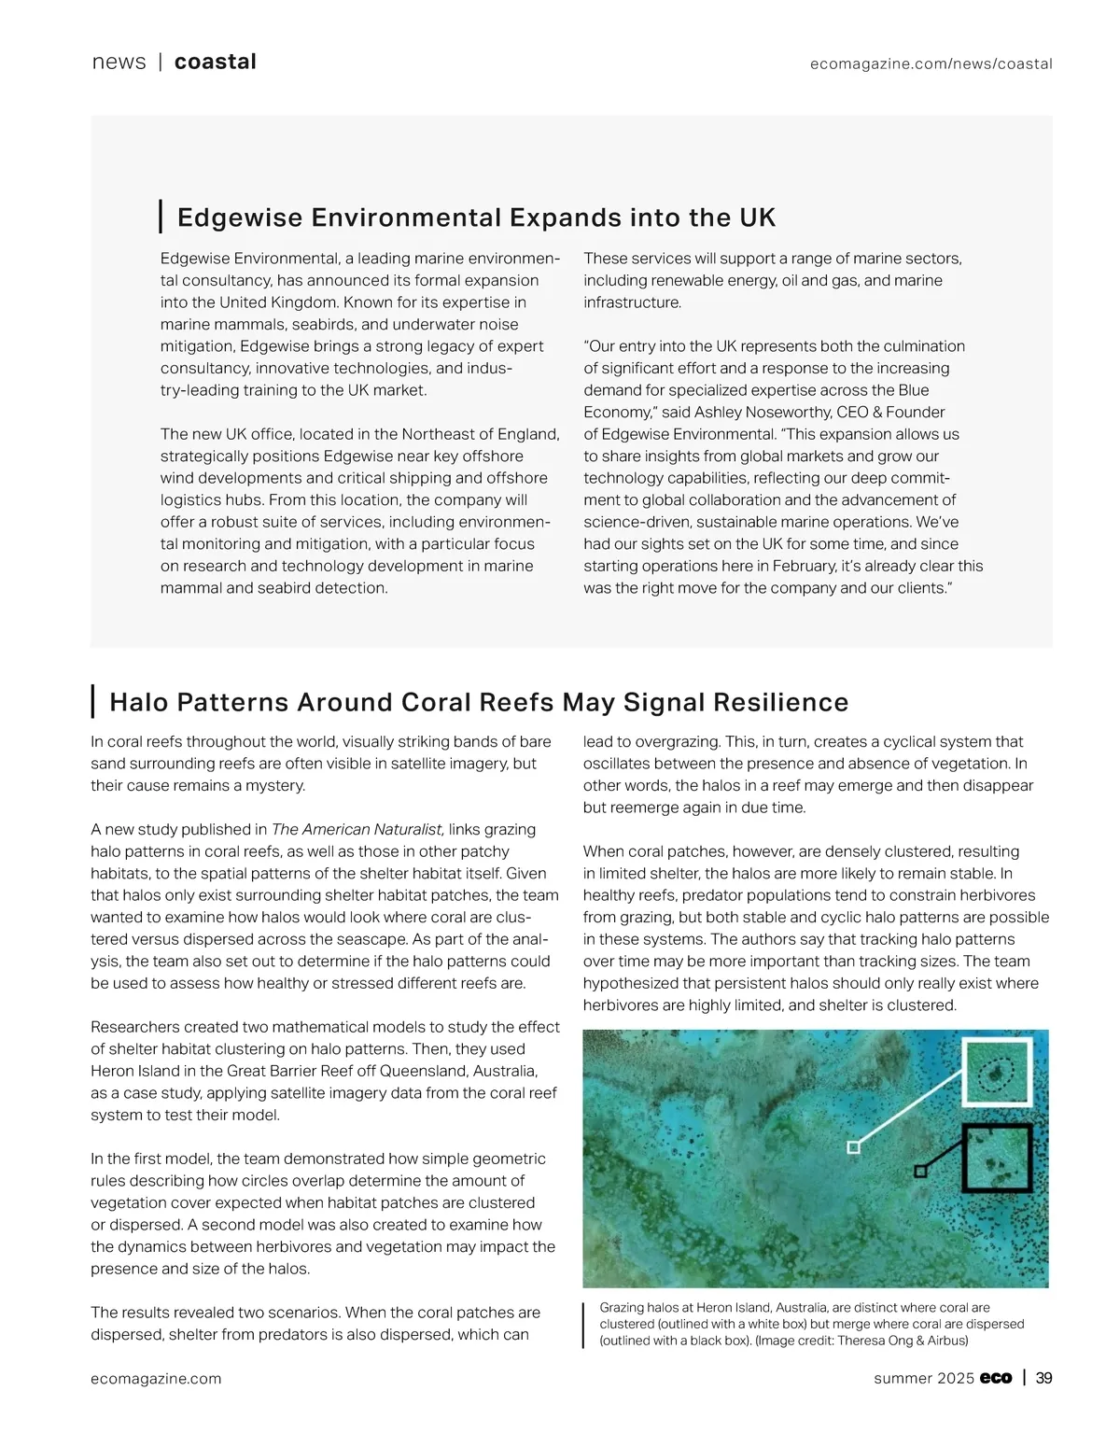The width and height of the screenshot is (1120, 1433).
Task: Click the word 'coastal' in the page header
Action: pyautogui.click(x=215, y=62)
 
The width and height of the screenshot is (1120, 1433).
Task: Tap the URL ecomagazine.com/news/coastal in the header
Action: pyautogui.click(x=931, y=63)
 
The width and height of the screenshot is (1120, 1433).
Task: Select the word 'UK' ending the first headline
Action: pyautogui.click(x=757, y=218)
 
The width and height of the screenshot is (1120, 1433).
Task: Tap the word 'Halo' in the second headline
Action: pyautogui.click(x=138, y=702)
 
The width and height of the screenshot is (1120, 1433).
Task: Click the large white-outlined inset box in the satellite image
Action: pyautogui.click(x=997, y=1073)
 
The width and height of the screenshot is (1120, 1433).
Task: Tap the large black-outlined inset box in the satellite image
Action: pyautogui.click(x=997, y=1158)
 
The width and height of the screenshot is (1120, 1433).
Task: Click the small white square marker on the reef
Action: pyautogui.click(x=853, y=1147)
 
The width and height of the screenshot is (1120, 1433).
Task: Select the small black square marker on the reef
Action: pyautogui.click(x=920, y=1171)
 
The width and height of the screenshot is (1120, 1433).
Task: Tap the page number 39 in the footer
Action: pyautogui.click(x=1043, y=1378)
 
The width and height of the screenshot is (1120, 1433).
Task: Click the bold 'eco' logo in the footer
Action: pyautogui.click(x=996, y=1378)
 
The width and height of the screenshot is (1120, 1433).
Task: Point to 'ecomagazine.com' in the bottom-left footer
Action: pyautogui.click(x=156, y=1379)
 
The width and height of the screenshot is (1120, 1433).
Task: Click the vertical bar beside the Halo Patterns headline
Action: pyautogui.click(x=93, y=701)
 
